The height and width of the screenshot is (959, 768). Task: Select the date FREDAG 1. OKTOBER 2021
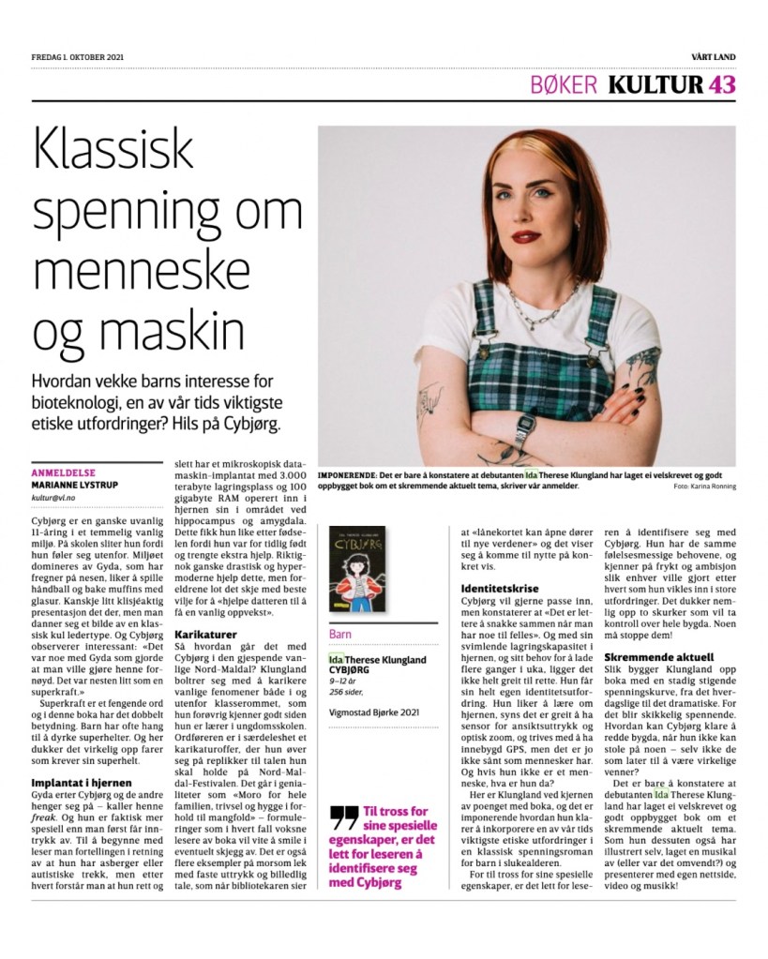coord(78,57)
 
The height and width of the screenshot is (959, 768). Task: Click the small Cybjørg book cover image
coord(357,569)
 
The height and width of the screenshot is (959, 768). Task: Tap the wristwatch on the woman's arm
coord(523,430)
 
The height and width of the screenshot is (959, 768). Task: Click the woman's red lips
coord(526,236)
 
